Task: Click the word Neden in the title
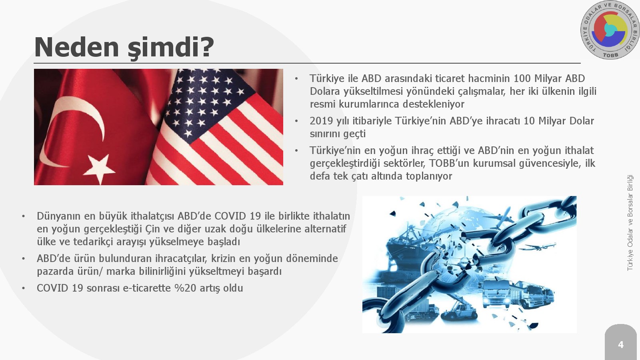click(76, 47)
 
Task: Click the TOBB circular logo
click(610, 30)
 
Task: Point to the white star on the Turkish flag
click(100, 169)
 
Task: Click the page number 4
click(620, 345)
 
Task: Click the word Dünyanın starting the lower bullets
click(58, 216)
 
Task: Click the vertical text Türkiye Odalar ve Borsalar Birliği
click(630, 223)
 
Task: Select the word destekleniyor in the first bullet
click(434, 104)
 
